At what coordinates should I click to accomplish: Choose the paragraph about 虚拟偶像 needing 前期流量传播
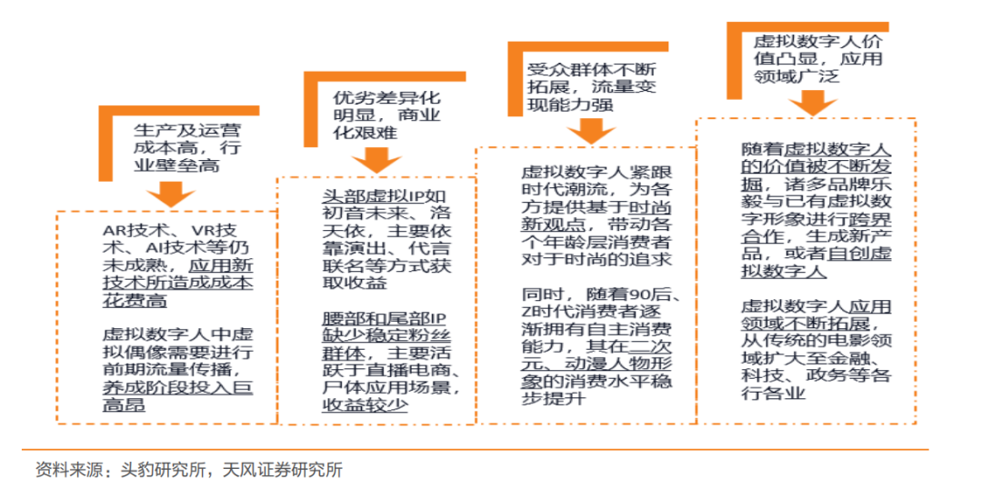tap(177, 368)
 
